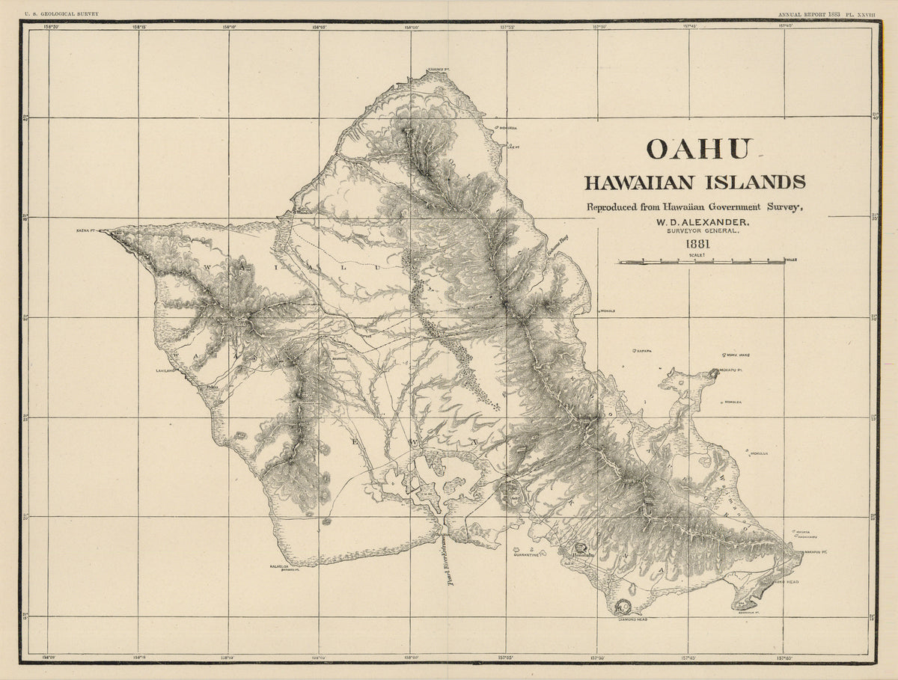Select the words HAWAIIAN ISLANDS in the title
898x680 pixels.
point(694,182)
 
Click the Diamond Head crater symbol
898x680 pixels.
point(621,607)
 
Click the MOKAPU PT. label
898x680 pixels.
point(731,371)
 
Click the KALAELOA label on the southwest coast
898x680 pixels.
point(279,566)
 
